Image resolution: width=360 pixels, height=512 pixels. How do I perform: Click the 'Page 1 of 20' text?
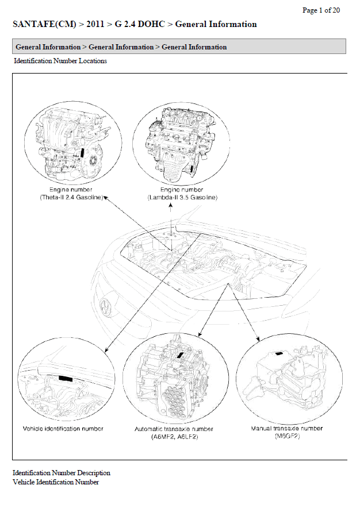(x=321, y=10)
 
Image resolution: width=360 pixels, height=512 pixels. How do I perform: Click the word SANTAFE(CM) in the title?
(x=44, y=24)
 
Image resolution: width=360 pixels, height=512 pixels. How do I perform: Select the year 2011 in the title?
(x=95, y=24)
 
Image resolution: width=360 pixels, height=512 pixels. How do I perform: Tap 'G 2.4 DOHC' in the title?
(x=140, y=24)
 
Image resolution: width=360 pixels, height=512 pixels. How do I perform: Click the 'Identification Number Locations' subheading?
(x=60, y=61)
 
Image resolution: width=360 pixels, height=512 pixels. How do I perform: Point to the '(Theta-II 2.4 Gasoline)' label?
(x=71, y=197)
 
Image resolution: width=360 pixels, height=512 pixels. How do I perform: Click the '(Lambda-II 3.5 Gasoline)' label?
(x=182, y=197)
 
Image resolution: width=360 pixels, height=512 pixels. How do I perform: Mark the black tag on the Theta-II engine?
(x=82, y=153)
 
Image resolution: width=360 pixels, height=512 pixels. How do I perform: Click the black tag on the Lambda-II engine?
(x=191, y=168)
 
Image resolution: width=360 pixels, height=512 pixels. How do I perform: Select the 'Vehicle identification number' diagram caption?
(x=63, y=429)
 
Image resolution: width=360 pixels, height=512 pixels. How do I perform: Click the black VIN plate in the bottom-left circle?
(x=66, y=379)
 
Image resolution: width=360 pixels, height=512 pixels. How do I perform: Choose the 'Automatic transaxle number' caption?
(x=174, y=429)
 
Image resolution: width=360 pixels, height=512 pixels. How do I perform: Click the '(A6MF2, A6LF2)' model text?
(x=174, y=437)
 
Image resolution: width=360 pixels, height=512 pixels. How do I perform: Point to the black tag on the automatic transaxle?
(x=180, y=355)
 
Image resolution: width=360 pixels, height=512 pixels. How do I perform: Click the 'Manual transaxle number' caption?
(x=287, y=428)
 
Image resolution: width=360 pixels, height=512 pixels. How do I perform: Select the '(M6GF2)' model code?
(x=287, y=436)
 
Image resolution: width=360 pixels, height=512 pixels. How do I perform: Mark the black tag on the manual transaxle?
(x=279, y=353)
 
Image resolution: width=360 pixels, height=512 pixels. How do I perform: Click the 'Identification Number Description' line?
(x=62, y=473)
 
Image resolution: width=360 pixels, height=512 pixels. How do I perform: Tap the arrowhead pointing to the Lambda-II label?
(x=171, y=205)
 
